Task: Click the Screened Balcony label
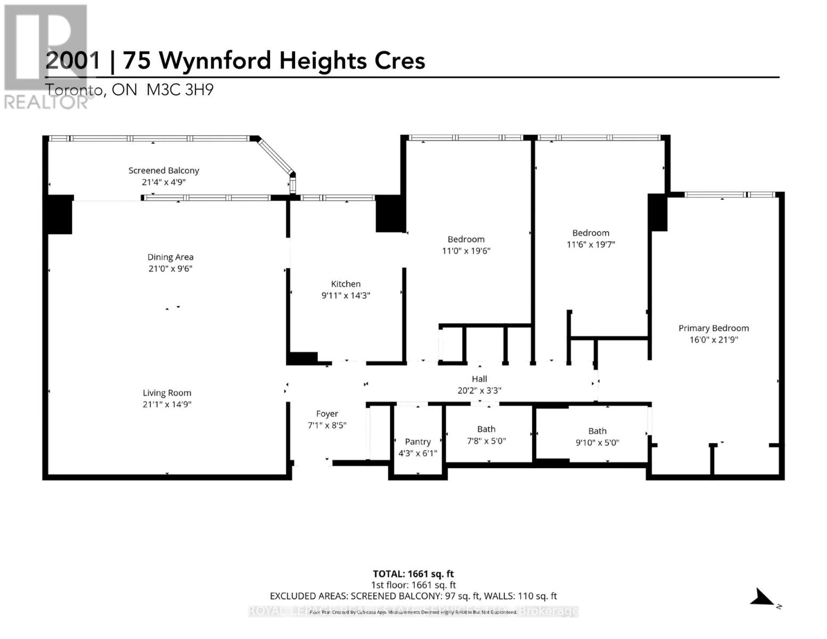pos(163,170)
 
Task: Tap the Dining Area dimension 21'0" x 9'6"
pos(170,269)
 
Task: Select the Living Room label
pos(167,393)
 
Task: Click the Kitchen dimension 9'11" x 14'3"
pos(346,296)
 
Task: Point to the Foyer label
pos(327,414)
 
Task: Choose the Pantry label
pos(417,441)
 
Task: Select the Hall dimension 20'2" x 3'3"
pos(479,390)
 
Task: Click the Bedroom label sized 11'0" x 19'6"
pos(466,239)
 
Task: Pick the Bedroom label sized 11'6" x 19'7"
pos(591,233)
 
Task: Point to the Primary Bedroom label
pos(713,328)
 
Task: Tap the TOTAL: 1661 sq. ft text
pos(413,574)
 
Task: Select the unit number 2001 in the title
pos(73,61)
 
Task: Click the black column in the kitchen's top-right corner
pos(390,214)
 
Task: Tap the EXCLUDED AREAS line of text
pos(413,596)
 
